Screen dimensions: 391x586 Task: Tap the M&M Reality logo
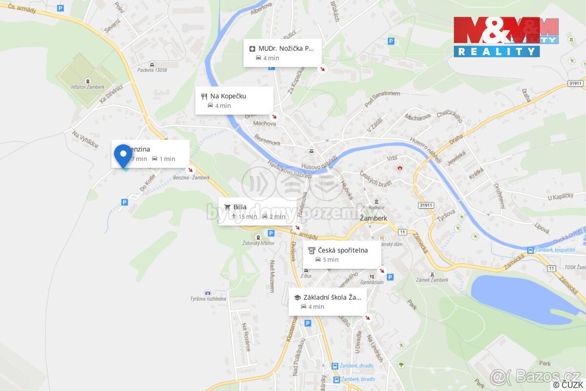click(505, 37)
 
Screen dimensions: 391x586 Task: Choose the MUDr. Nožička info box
click(283, 53)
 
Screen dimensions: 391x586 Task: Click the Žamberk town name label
click(374, 218)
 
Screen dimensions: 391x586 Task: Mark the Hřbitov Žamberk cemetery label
click(88, 87)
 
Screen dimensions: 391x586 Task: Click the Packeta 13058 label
click(152, 70)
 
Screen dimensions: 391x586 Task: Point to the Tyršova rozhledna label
click(208, 299)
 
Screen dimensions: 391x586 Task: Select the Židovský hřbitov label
click(258, 243)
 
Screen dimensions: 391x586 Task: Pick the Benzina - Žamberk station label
click(191, 177)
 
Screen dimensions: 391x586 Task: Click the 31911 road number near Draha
click(575, 84)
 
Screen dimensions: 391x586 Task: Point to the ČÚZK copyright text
click(568, 385)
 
